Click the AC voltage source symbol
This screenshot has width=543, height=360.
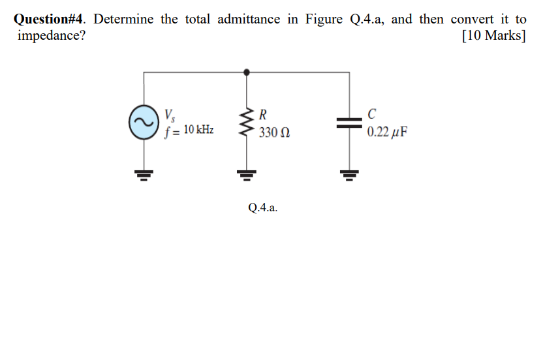(x=144, y=122)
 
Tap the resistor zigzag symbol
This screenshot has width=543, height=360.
(x=246, y=122)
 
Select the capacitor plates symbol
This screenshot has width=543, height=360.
(x=349, y=122)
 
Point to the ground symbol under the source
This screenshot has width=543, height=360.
(x=144, y=174)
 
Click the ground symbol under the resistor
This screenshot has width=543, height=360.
(x=246, y=174)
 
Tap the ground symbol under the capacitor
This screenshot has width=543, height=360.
(x=349, y=174)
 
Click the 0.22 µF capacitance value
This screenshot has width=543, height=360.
(x=387, y=133)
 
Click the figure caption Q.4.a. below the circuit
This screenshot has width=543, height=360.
(x=263, y=208)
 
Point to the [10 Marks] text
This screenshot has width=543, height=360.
(x=493, y=35)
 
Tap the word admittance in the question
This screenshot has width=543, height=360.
(x=248, y=19)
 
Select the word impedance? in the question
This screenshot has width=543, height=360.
(x=50, y=35)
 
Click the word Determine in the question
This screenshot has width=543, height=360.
(x=123, y=19)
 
